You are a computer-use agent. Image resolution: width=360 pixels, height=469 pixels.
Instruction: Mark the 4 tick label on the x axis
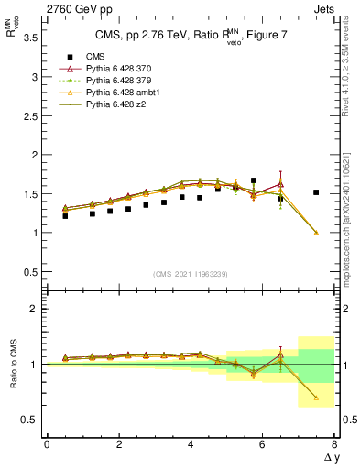tap(191, 444)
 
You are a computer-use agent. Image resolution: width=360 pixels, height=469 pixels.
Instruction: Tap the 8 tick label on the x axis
tap(334, 444)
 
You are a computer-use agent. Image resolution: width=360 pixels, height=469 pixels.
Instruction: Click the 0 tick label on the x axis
tap(47, 444)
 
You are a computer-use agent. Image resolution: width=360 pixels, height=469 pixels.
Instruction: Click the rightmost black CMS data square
tap(316, 192)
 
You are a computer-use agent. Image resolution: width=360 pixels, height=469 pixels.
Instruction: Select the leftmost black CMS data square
tap(65, 216)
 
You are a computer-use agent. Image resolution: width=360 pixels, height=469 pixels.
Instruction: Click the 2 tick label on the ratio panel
tap(34, 309)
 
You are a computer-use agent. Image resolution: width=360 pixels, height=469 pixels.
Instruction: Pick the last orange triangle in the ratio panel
tap(316, 398)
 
